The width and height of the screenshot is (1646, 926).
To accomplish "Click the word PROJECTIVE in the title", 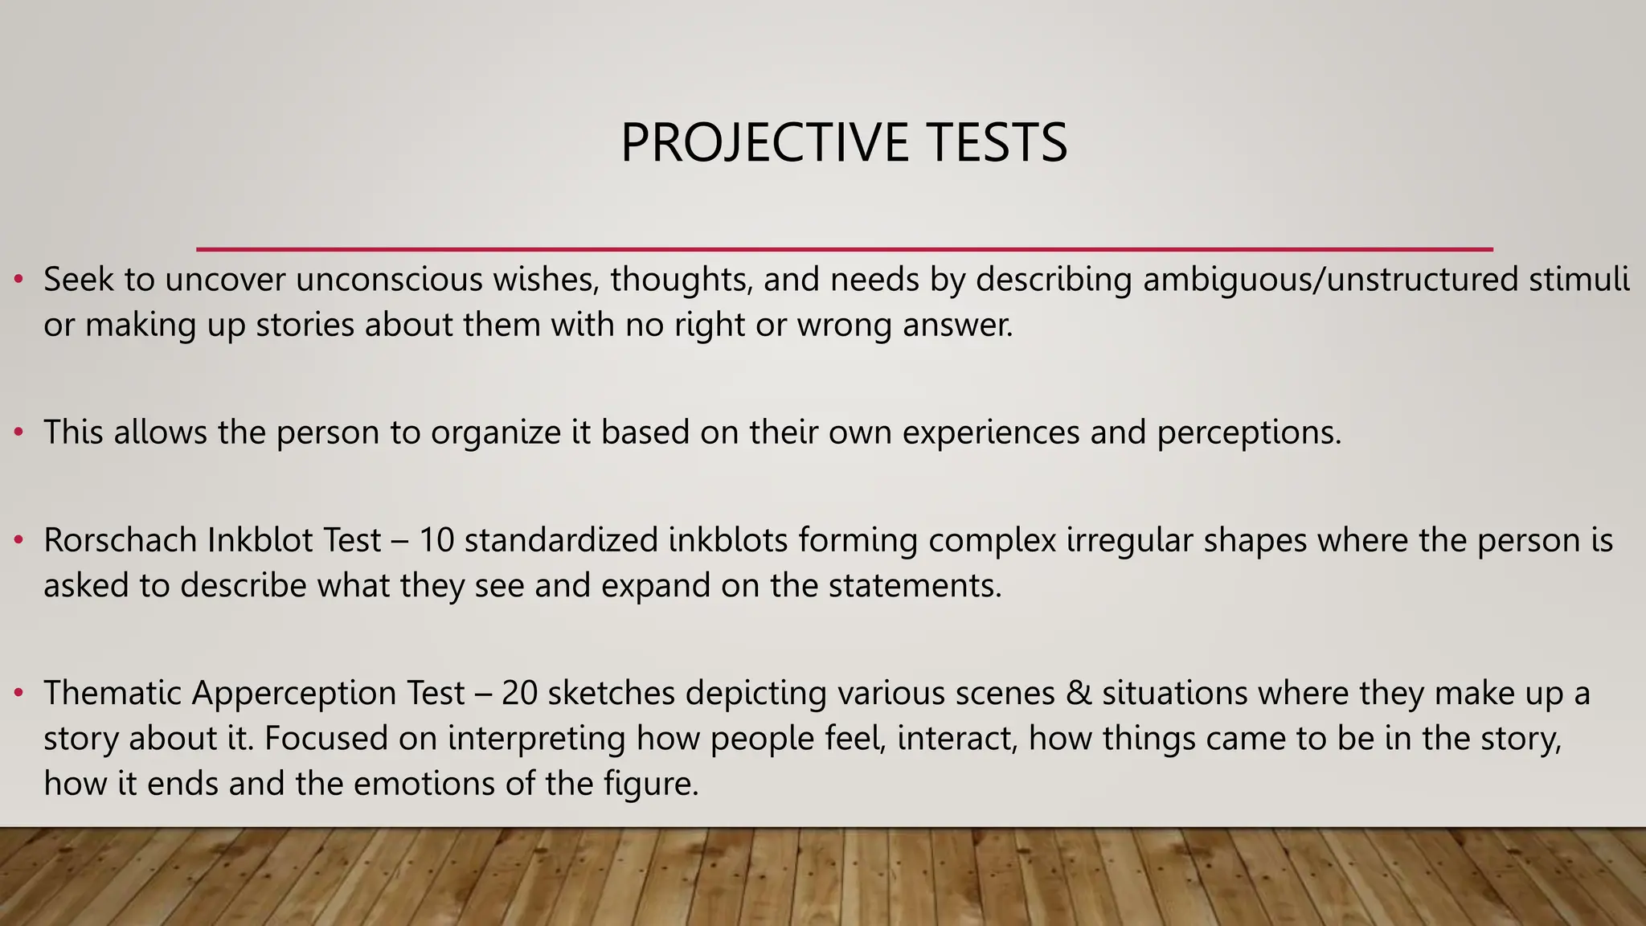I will pyautogui.click(x=764, y=143).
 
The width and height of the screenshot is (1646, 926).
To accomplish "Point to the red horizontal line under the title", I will pyautogui.click(x=844, y=249).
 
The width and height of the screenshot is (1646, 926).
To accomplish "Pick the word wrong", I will pyautogui.click(x=845, y=326).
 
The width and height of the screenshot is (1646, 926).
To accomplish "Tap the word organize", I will pyautogui.click(x=496, y=433).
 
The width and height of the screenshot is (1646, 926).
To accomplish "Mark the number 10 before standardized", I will pyautogui.click(x=437, y=540).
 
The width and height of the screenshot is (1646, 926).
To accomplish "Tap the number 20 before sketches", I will pyautogui.click(x=519, y=693).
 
